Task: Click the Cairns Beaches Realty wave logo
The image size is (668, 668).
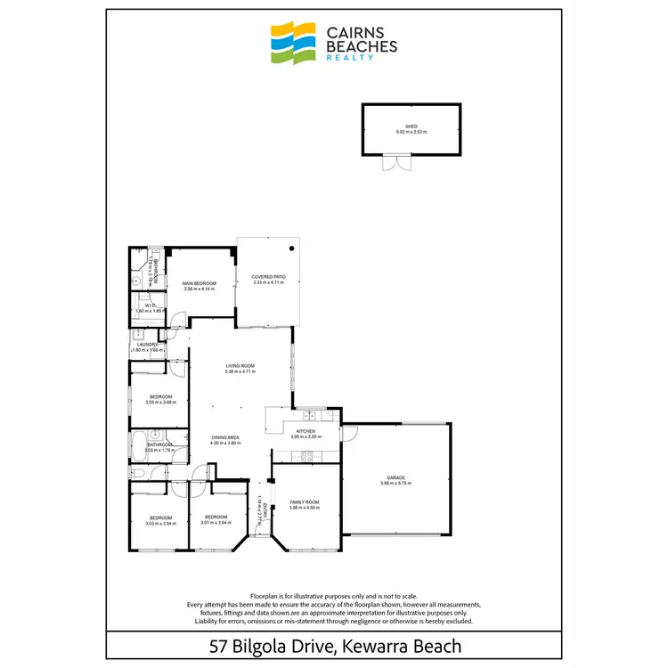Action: [294, 41]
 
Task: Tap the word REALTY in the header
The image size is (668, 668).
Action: [351, 56]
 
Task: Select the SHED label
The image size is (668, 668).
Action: [411, 126]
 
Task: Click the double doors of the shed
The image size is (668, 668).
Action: [394, 163]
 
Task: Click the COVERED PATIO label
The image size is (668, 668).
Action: [267, 277]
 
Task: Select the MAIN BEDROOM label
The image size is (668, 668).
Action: [200, 282]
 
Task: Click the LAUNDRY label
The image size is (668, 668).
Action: [147, 345]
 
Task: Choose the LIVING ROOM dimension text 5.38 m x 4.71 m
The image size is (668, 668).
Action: [240, 371]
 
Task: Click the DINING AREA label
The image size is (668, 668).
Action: [226, 436]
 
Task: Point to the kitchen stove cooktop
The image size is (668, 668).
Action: [308, 457]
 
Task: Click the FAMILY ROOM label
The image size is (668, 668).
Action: [305, 502]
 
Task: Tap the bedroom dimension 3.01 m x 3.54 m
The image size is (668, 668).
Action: [216, 523]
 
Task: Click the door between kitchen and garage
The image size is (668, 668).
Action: [342, 434]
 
